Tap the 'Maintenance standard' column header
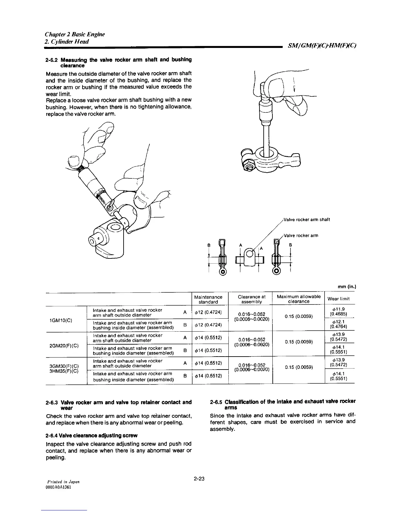tap(208, 299)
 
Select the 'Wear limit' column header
tap(338, 299)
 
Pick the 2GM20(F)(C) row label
tap(63, 345)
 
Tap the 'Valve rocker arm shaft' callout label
tap(306, 220)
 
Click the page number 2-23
tap(199, 479)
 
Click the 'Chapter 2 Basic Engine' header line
tap(75, 34)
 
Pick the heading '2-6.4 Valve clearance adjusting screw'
tap(92, 436)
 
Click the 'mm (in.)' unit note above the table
tap(346, 287)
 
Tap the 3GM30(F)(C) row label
tap(63, 366)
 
